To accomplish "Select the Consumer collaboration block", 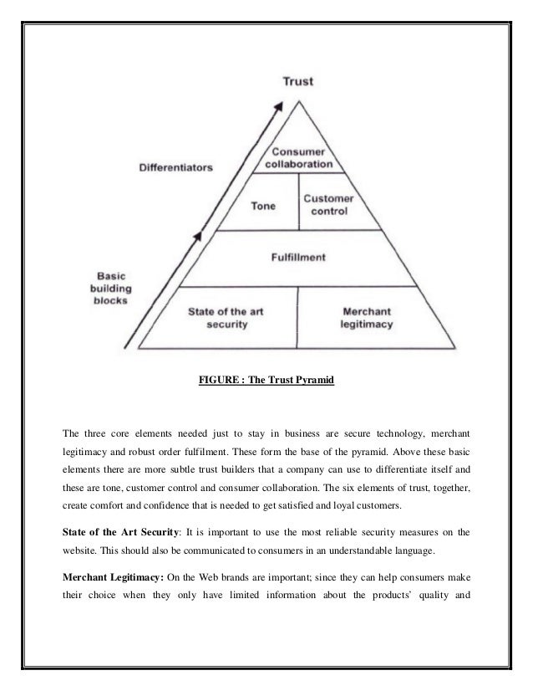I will coord(299,157).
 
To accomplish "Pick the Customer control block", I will coord(328,205).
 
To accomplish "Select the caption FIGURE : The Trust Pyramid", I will coord(266,381).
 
